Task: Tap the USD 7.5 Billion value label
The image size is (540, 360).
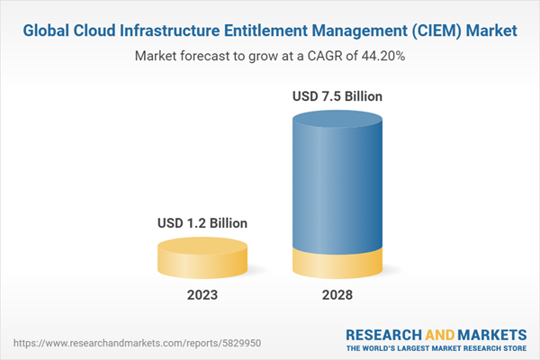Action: point(337,95)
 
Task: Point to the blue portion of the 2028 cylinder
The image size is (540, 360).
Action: point(337,180)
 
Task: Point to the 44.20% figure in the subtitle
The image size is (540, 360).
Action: point(381,56)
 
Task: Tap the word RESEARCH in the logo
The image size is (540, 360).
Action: point(383,332)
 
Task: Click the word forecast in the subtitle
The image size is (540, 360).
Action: point(207,56)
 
